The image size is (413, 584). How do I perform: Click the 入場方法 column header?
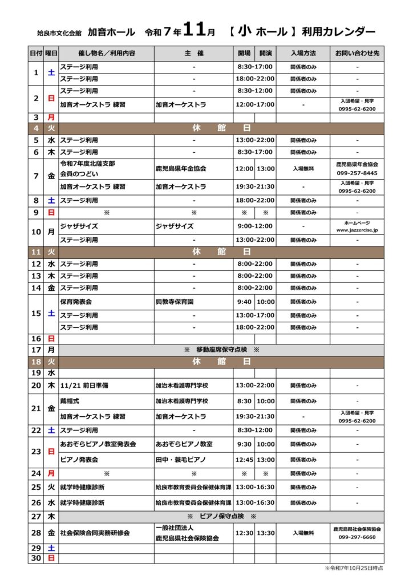(303, 53)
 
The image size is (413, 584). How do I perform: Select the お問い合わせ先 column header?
(357, 53)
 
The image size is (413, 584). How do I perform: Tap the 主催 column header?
(194, 53)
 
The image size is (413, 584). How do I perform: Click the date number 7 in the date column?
(36, 176)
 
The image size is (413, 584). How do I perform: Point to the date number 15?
(36, 313)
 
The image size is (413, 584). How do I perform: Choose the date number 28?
(36, 533)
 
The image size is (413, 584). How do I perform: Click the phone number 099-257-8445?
(358, 173)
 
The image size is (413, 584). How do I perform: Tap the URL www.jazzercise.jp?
(358, 230)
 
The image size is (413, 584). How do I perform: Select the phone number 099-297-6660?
(358, 537)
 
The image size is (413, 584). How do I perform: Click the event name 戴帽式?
(70, 401)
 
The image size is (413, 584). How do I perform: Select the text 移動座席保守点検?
(221, 349)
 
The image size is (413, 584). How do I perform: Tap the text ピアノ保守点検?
(221, 516)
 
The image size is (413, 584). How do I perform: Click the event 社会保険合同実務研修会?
(95, 533)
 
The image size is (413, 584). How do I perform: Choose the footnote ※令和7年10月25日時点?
(354, 567)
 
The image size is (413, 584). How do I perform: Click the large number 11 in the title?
(194, 31)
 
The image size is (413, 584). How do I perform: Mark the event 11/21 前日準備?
(84, 386)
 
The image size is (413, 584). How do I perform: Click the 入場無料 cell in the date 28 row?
(303, 533)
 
